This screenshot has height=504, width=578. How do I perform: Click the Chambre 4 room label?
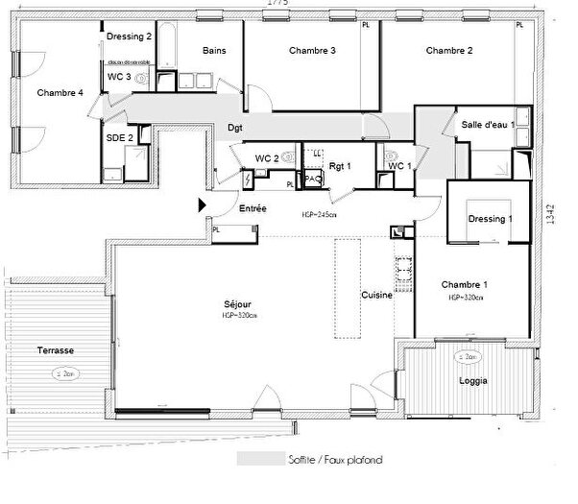tap(60, 93)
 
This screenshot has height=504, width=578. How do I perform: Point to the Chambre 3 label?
tap(313, 51)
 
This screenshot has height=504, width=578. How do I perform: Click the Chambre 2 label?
tap(449, 51)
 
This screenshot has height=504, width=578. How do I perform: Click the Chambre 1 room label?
tap(465, 285)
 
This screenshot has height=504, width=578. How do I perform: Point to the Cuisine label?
tap(376, 296)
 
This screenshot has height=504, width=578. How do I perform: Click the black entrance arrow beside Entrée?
tap(202, 205)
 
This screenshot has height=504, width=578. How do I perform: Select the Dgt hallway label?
tap(234, 128)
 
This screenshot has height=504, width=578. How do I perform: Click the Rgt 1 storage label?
tap(341, 165)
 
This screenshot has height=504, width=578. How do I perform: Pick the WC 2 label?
tap(267, 158)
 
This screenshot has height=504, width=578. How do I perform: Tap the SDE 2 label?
tap(118, 138)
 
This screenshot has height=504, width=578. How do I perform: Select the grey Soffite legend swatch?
tap(253, 460)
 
